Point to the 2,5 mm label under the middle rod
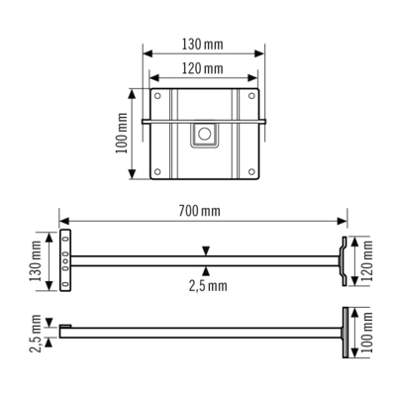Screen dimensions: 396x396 pos(207,285)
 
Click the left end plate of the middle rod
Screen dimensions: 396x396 pos(65,260)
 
